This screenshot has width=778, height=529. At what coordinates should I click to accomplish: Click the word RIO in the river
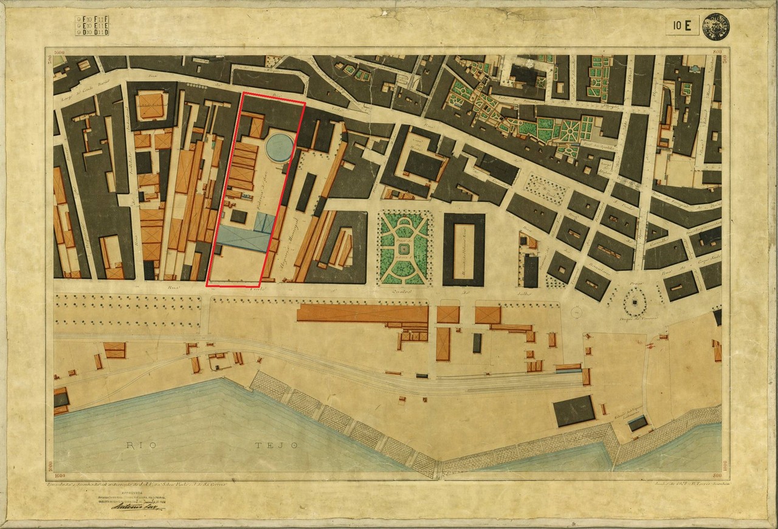point(140,445)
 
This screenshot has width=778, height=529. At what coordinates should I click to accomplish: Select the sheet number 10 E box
point(682,26)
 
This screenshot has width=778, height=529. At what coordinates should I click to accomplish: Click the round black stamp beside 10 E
point(716,26)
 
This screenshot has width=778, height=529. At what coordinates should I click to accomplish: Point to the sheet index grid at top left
point(92,25)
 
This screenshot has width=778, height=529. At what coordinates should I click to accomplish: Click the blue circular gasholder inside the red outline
point(280,148)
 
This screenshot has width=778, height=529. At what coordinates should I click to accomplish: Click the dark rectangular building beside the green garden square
point(463,249)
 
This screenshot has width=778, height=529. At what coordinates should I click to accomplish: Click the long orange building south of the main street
point(362,313)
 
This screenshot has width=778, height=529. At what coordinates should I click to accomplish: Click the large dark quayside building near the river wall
point(574,411)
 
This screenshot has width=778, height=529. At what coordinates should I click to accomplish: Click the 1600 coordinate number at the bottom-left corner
point(59,463)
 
